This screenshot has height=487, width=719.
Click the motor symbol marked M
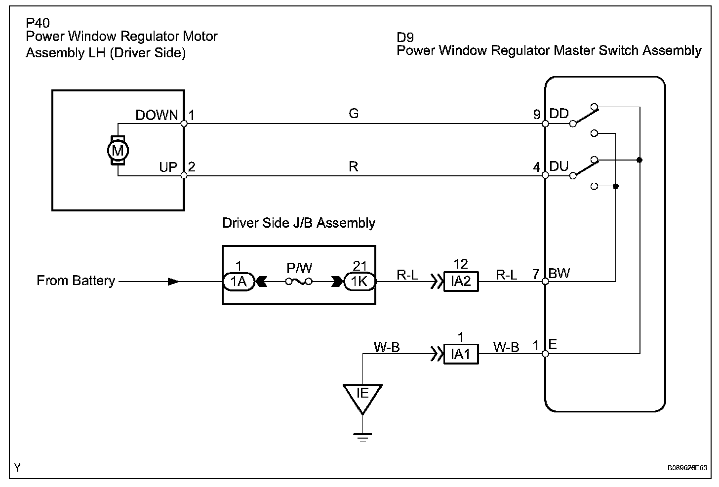coord(118,150)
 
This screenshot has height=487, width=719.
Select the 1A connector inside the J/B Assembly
coord(239,282)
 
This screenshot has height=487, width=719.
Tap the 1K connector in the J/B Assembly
coord(359,282)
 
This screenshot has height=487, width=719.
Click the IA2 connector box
coord(461,282)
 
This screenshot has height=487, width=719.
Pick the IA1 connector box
coord(461,354)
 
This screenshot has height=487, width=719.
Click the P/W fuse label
coord(299,268)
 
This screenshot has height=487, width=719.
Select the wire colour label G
coord(354,114)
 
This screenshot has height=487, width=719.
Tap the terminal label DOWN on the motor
coord(157,116)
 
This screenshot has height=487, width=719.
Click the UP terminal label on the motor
coord(168,167)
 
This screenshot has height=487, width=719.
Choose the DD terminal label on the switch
coord(559,114)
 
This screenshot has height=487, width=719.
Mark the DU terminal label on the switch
coord(559,166)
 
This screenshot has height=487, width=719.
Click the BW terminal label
coord(559,273)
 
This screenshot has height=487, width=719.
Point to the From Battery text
coord(76,281)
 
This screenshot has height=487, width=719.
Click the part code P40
coord(38,23)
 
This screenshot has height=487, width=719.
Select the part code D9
coord(405,37)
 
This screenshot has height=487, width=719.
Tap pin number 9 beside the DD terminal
coord(537,115)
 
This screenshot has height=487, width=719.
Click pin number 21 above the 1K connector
coord(360,266)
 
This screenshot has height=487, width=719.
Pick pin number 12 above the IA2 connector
coord(460,264)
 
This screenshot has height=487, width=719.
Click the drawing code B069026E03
coord(687,467)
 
